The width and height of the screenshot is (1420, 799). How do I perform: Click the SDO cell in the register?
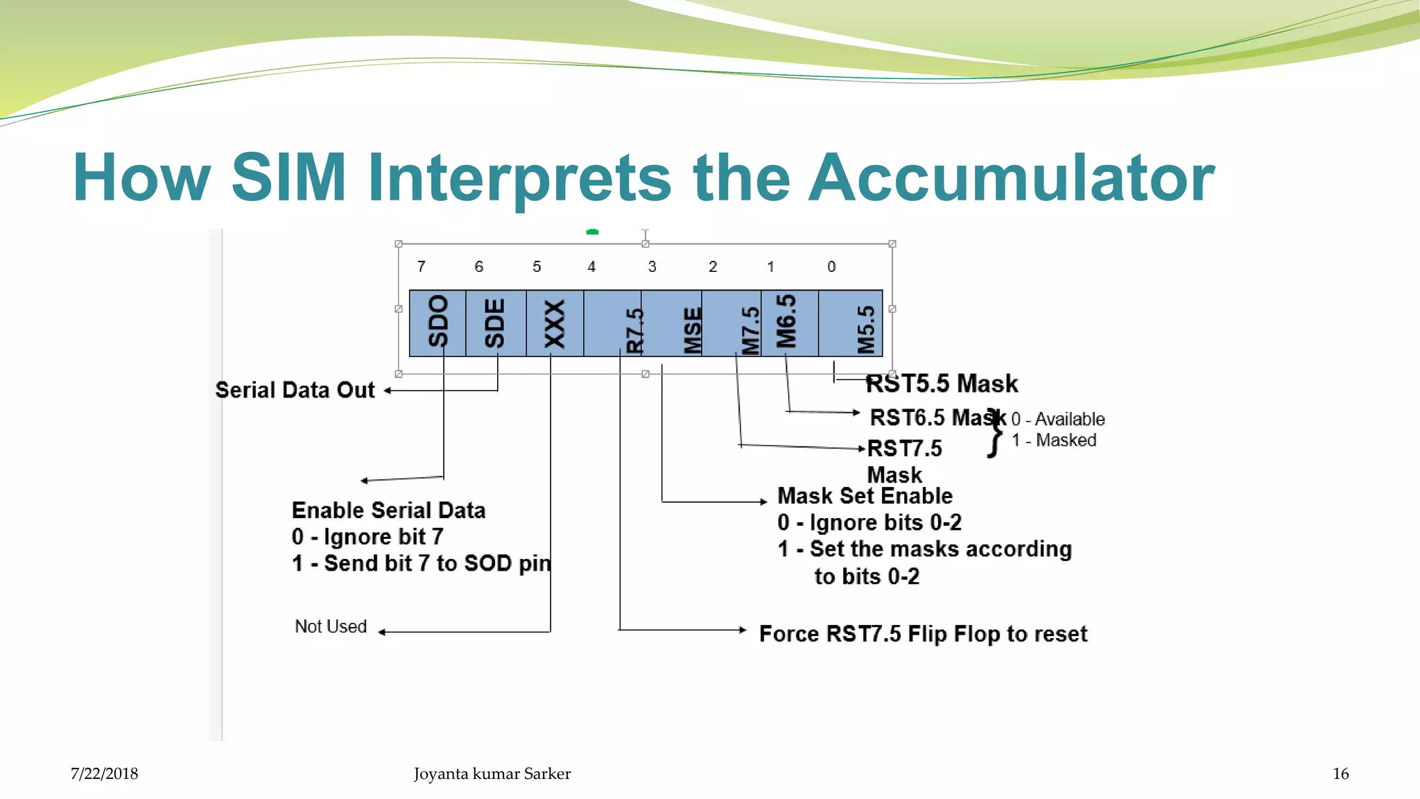point(438,323)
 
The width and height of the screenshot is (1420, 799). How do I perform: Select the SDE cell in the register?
point(495,323)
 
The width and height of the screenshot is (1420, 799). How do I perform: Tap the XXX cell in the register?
point(555,323)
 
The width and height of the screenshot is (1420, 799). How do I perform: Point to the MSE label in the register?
point(692,331)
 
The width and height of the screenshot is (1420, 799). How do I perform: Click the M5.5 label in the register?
point(866,330)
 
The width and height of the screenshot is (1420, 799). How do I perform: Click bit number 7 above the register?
point(421,266)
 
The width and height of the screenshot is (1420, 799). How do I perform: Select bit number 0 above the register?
point(831,266)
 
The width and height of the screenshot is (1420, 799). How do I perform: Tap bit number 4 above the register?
point(591,266)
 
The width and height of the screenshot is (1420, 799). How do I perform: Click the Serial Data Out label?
point(295,390)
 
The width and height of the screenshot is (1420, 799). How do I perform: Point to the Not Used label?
point(331,626)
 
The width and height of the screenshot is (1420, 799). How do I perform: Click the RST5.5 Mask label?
point(942,384)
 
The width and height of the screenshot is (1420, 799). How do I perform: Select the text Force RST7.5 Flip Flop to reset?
point(923,634)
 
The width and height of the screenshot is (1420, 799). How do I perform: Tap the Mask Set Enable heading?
point(865,496)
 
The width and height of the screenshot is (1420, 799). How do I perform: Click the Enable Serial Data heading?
point(388,510)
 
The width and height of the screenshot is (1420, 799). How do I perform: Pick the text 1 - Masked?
point(1054,440)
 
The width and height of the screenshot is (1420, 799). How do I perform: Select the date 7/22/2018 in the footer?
point(104,774)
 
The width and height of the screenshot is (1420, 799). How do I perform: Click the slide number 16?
point(1340,774)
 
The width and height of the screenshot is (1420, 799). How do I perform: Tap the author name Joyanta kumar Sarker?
point(492,774)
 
